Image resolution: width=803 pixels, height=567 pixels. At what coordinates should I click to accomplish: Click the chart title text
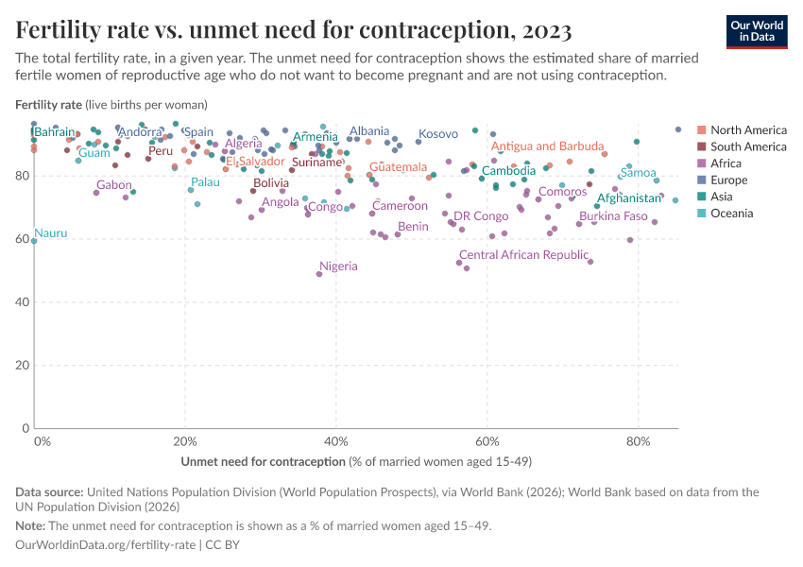pyautogui.click(x=293, y=30)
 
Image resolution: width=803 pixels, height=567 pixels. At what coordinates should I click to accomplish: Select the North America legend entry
pyautogui.click(x=747, y=129)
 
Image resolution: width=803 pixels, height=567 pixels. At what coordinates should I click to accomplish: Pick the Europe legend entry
pyautogui.click(x=728, y=180)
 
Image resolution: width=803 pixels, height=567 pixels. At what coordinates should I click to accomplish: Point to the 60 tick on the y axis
pyautogui.click(x=23, y=239)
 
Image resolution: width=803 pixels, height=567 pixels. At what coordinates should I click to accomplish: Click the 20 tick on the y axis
pyautogui.click(x=23, y=365)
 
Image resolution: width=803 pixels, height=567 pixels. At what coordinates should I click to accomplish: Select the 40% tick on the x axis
pyautogui.click(x=335, y=441)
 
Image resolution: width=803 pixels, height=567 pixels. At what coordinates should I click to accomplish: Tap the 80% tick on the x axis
pyautogui.click(x=638, y=441)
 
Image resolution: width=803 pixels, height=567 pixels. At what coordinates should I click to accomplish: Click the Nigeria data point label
pyautogui.click(x=338, y=266)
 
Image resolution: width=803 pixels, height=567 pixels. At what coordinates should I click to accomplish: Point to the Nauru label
pyautogui.click(x=51, y=232)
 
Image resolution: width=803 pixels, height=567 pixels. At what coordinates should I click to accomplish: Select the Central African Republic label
pyautogui.click(x=523, y=255)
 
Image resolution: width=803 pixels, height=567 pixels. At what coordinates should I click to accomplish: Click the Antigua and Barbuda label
pyautogui.click(x=547, y=146)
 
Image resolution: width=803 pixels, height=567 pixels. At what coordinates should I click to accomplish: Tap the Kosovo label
pyautogui.click(x=437, y=134)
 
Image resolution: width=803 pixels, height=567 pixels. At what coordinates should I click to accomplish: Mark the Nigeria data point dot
pyautogui.click(x=318, y=274)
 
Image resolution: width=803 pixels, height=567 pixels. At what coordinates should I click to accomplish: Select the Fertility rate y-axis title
pyautogui.click(x=49, y=104)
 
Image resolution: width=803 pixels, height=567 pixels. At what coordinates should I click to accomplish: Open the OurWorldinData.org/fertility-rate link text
pyautogui.click(x=106, y=545)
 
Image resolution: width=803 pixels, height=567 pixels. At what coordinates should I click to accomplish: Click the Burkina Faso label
pyautogui.click(x=613, y=216)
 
